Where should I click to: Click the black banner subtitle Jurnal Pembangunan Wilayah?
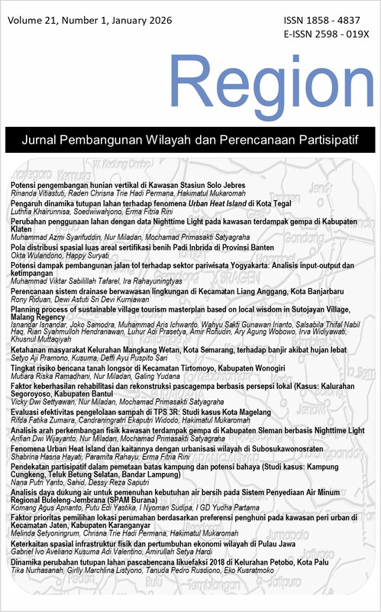click(x=190, y=141)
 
